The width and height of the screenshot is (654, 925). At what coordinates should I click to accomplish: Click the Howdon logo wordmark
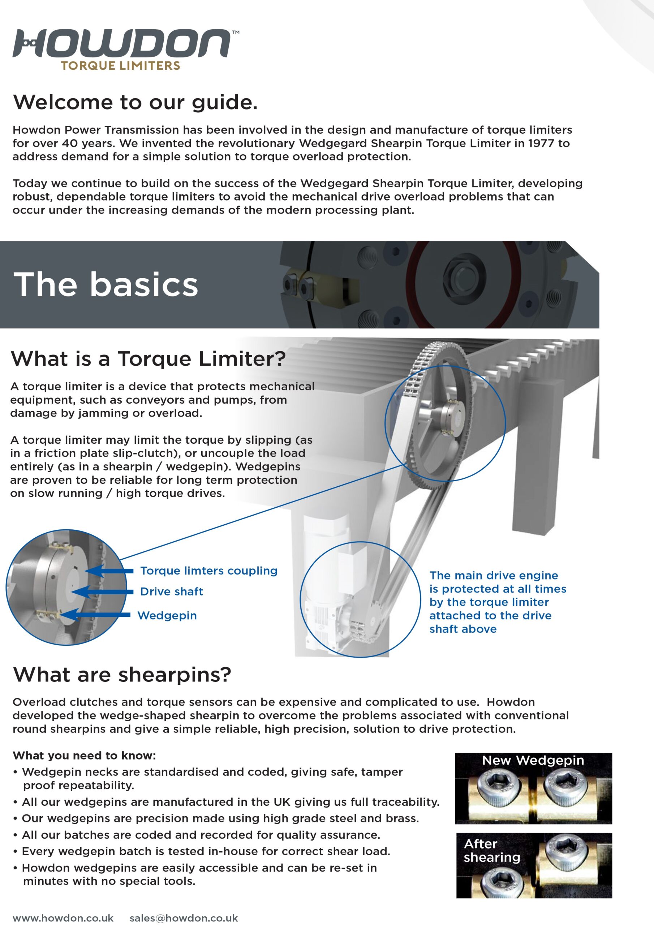click(121, 43)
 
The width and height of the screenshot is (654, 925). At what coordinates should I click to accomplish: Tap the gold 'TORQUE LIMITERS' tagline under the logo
click(120, 66)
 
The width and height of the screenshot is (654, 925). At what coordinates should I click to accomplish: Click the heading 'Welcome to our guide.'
click(135, 102)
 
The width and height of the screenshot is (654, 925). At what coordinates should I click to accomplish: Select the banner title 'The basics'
click(106, 284)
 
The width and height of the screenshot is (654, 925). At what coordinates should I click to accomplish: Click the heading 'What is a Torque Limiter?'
click(148, 358)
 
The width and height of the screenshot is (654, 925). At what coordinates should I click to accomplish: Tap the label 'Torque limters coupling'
click(209, 571)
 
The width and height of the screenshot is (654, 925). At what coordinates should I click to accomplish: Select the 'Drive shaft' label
click(171, 591)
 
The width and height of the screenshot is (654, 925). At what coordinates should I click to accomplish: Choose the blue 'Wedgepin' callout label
click(167, 615)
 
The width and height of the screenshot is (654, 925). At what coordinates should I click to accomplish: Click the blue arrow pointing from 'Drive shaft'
click(103, 592)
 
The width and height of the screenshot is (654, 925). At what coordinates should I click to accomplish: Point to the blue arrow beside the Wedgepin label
click(97, 615)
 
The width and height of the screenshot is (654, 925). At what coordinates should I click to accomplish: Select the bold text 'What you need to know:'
click(84, 756)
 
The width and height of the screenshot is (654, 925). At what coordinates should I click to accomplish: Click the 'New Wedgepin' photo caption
click(533, 760)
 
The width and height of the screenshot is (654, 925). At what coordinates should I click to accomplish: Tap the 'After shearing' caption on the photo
click(492, 851)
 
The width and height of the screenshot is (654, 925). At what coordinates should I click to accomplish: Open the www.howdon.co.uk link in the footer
click(63, 918)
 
